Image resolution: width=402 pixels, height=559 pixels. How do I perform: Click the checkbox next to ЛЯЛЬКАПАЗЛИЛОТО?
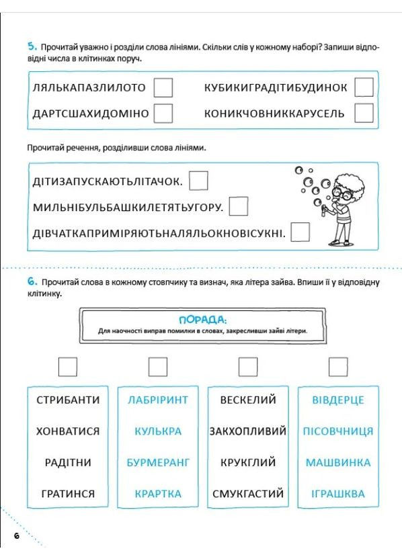pos(163,88)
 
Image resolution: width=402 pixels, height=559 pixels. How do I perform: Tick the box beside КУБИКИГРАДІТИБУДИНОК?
pos(364,88)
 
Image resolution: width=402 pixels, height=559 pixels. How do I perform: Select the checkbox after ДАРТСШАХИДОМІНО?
pos(163,113)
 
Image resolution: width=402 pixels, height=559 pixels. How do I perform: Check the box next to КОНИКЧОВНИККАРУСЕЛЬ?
pos(364,113)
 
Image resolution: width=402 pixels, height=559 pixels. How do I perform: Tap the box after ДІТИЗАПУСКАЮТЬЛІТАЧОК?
pos(198,181)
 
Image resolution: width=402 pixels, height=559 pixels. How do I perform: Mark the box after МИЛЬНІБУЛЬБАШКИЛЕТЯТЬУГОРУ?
pos(238,206)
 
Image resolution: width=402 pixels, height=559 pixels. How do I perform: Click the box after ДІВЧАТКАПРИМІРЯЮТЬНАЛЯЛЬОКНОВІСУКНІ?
pos(300,232)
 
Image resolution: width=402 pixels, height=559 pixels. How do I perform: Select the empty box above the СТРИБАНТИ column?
pos(67,366)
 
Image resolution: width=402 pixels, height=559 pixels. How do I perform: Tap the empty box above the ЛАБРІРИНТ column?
pos(158,366)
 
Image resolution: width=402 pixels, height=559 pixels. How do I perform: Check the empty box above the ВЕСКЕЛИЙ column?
pos(248,366)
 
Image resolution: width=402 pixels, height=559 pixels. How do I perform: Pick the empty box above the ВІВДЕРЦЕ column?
pos(338,366)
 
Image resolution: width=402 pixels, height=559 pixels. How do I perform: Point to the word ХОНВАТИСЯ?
pos(67,431)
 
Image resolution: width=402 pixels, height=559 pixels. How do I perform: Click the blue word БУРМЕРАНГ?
pos(158,462)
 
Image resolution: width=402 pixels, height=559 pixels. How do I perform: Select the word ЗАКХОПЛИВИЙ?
pos(248,431)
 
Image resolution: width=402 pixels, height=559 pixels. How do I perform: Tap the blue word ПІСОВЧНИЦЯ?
pos(338,431)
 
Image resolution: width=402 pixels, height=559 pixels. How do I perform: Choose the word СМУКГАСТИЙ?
pos(248,494)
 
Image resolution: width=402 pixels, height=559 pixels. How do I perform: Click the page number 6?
pos(15,535)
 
